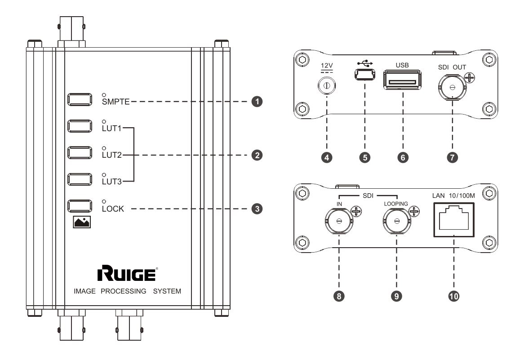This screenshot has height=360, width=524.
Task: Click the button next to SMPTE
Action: coord(80,99)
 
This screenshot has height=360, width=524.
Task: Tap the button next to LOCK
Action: coord(80,206)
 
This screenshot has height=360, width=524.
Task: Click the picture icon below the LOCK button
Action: coord(82,222)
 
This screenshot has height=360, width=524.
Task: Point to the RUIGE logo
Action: coord(127,273)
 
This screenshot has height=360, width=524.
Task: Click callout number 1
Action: coord(257,102)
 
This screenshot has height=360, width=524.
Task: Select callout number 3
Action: coord(257,209)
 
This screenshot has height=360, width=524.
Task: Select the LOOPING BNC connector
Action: coord(396,221)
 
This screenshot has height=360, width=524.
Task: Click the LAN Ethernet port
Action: coord(454,218)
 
